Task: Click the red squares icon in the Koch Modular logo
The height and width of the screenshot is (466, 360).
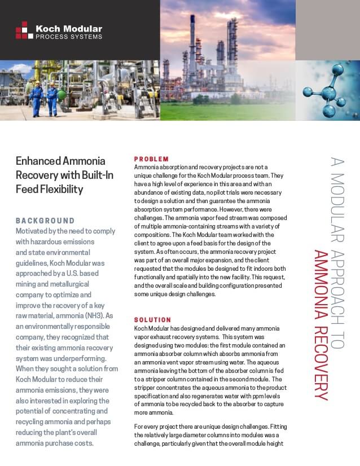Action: point(21,30)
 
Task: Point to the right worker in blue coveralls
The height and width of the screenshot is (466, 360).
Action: point(52,98)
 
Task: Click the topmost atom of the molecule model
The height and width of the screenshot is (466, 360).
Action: point(340,71)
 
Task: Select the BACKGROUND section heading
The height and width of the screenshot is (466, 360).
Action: point(45,221)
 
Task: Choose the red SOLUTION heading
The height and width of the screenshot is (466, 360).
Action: point(152,320)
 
